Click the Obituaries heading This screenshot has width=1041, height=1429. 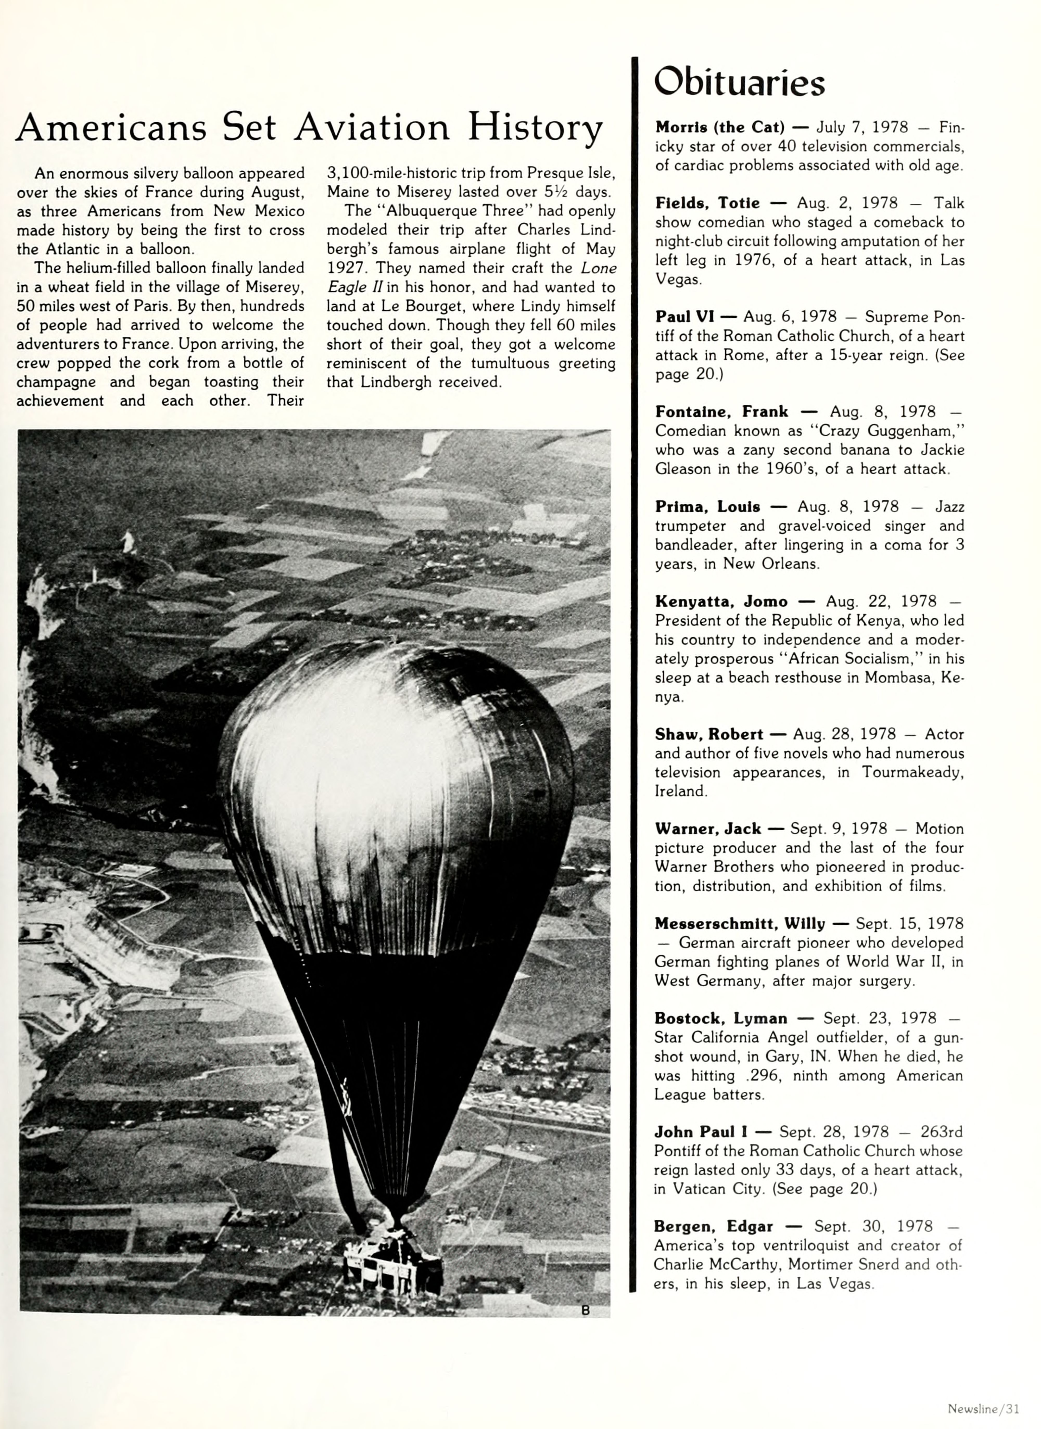(739, 83)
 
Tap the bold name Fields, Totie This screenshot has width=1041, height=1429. (707, 203)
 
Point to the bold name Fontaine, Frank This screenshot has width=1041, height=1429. (721, 412)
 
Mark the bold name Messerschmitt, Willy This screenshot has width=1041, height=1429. (739, 924)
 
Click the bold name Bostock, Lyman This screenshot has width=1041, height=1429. (720, 1019)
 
